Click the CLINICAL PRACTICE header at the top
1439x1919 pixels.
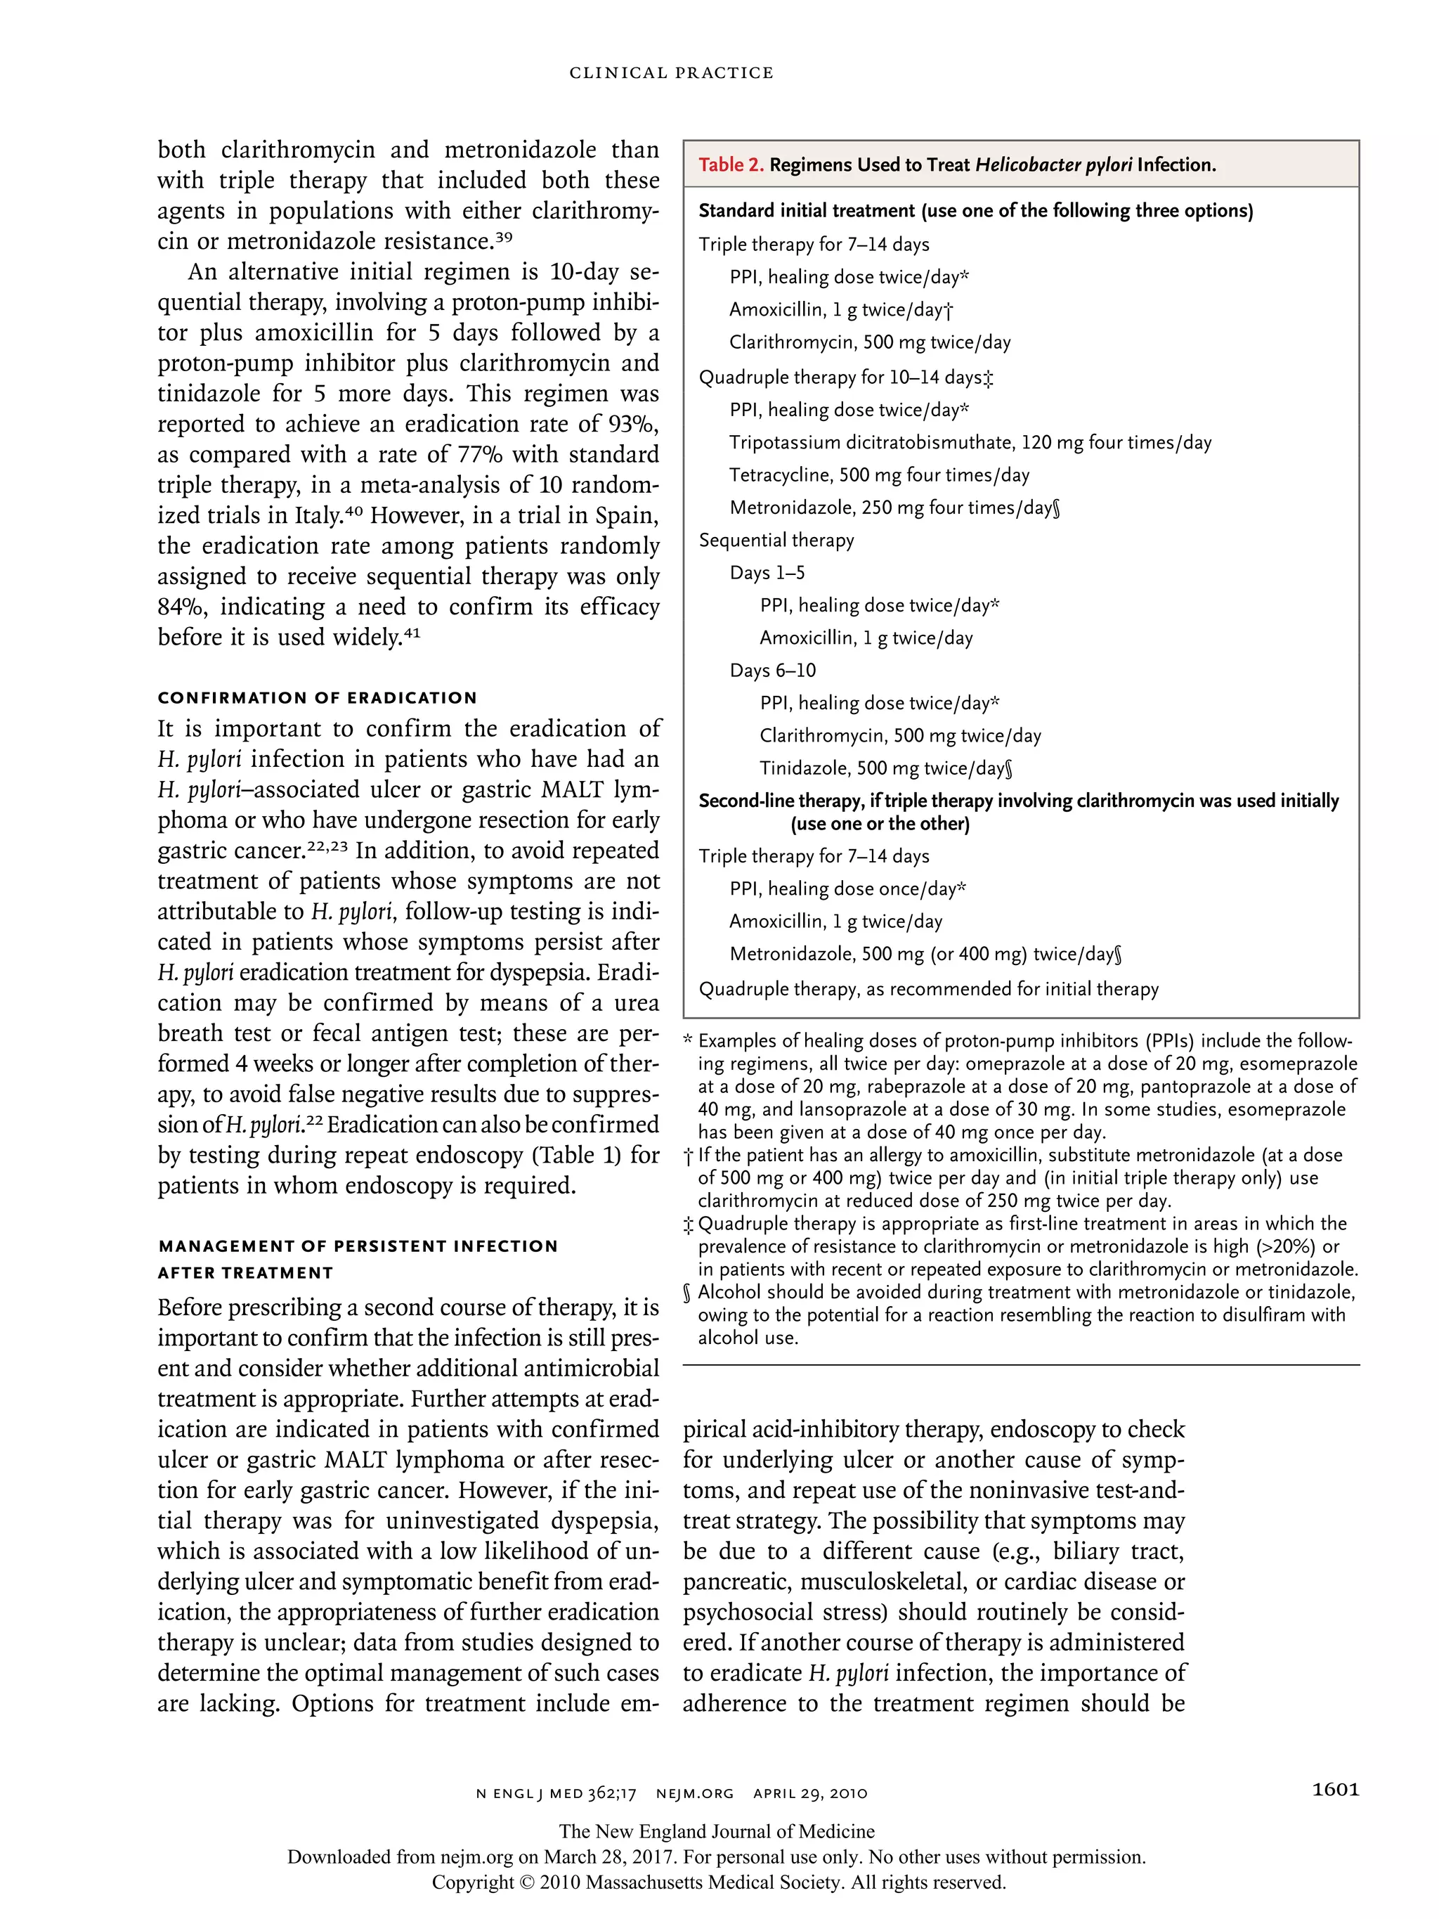tap(670, 73)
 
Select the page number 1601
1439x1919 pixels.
tap(1335, 1789)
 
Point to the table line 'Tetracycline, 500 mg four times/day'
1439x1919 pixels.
tap(879, 475)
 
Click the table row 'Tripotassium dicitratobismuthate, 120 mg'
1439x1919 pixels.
tap(970, 442)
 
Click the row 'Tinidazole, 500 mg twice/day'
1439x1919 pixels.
tap(885, 768)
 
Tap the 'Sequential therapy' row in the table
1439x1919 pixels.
tap(776, 541)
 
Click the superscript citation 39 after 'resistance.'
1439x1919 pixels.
tap(504, 236)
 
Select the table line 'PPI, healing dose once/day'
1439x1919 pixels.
tap(847, 889)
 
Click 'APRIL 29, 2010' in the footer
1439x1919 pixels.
tap(810, 1793)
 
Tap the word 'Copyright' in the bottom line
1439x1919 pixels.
tap(473, 1882)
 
